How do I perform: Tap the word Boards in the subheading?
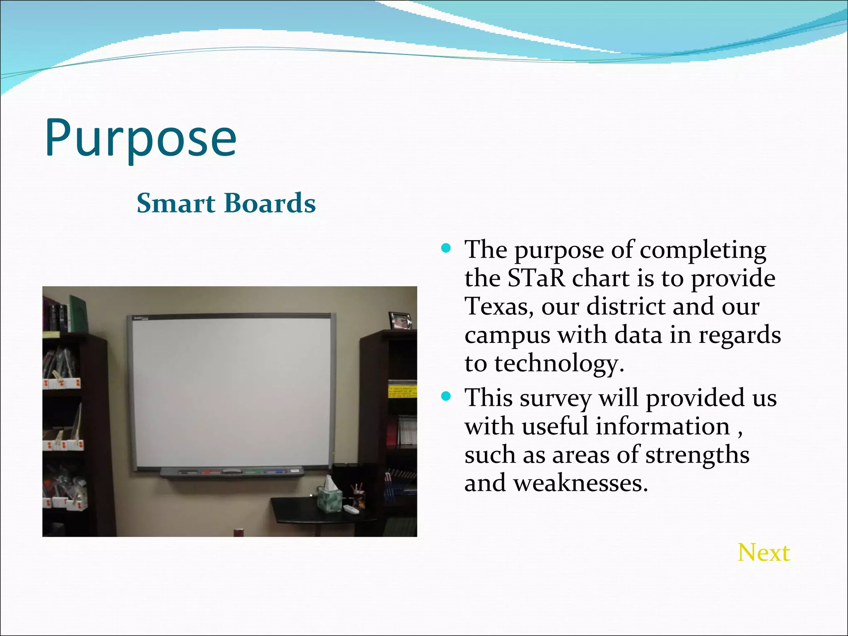point(270,203)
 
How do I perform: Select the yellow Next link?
point(764,553)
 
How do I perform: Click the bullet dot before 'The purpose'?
point(446,248)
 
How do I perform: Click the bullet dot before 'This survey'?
point(446,396)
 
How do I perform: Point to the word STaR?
point(536,278)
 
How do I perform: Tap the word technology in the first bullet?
point(559,364)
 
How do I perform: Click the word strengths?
point(697,455)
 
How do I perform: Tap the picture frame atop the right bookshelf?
point(400,320)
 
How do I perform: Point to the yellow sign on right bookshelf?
point(402,391)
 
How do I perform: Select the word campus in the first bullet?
point(507,335)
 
